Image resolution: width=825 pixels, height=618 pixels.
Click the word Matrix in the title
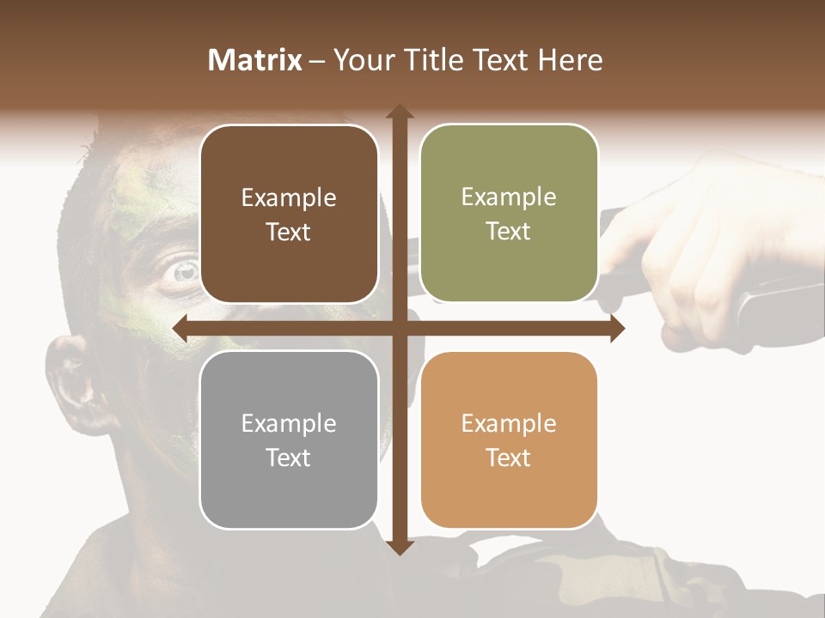[255, 60]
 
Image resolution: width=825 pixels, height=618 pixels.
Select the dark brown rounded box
[289, 215]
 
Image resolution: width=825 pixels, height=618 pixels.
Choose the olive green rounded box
[509, 214]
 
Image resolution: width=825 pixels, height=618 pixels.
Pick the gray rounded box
[289, 440]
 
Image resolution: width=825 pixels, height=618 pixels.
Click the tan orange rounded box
[509, 440]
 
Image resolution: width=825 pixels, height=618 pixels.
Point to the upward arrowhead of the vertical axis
[400, 112]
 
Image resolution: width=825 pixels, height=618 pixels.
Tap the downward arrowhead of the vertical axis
[400, 547]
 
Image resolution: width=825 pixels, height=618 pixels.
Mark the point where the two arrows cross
[400, 328]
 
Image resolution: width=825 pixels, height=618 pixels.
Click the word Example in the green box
[509, 197]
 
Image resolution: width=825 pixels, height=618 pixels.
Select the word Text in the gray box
[288, 457]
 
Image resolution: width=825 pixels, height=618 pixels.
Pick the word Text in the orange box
[509, 457]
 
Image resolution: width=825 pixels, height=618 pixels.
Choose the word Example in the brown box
[289, 197]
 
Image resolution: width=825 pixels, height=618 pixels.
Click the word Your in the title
[361, 60]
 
